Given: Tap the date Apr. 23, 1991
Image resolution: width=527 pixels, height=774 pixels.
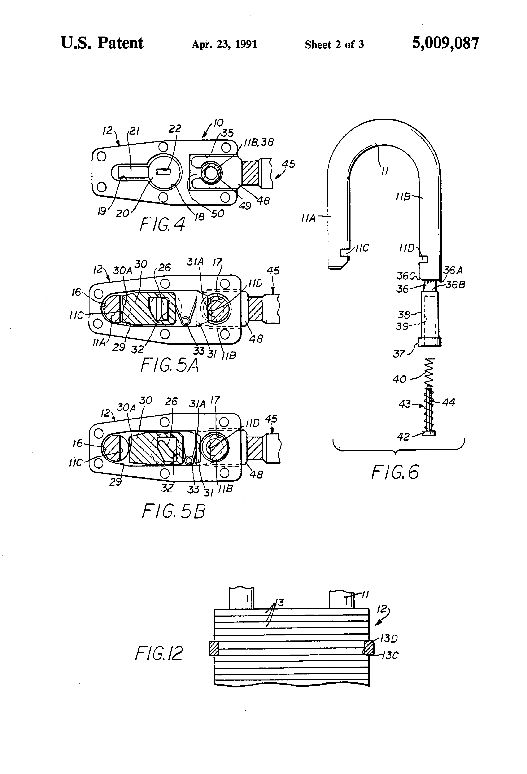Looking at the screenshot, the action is click(224, 44).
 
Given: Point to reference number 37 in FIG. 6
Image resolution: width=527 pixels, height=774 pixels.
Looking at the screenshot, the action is click(399, 354).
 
